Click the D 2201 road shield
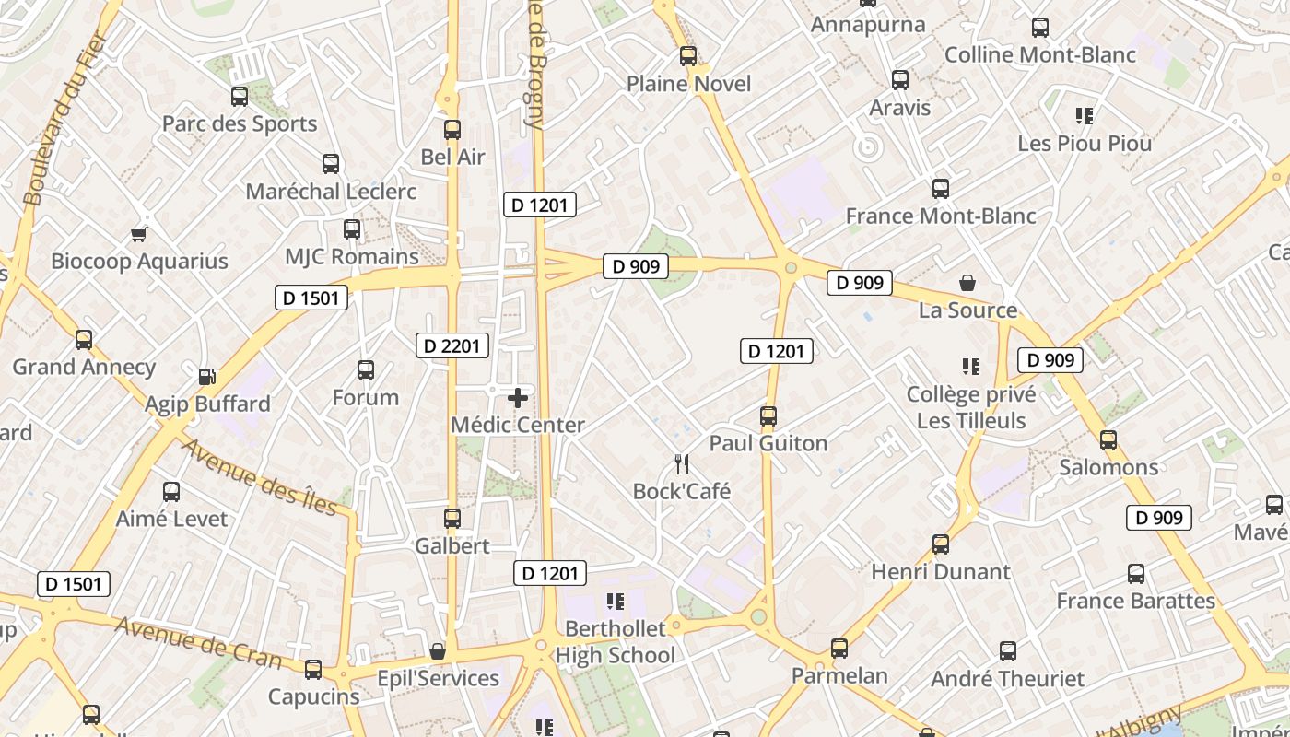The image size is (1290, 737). (451, 345)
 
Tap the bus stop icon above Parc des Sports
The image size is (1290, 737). (240, 96)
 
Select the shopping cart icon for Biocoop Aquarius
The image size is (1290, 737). (138, 234)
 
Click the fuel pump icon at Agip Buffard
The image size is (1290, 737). (206, 376)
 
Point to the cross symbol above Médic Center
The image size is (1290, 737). (518, 398)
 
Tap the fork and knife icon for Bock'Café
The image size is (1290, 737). (682, 463)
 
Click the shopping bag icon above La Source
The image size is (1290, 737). (967, 283)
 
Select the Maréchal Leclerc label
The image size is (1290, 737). (331, 192)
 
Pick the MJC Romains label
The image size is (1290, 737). (351, 256)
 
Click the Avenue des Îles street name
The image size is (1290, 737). (260, 477)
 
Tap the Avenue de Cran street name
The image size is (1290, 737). (199, 642)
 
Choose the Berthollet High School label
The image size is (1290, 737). (615, 642)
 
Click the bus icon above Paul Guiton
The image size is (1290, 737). (768, 416)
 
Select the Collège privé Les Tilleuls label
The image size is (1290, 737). (971, 407)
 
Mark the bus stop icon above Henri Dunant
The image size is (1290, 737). (940, 544)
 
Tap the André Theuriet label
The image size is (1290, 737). (1007, 679)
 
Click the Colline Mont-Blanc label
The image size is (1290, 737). (1040, 55)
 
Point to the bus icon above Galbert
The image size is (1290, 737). (451, 519)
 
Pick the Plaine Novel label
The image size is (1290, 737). (688, 84)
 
